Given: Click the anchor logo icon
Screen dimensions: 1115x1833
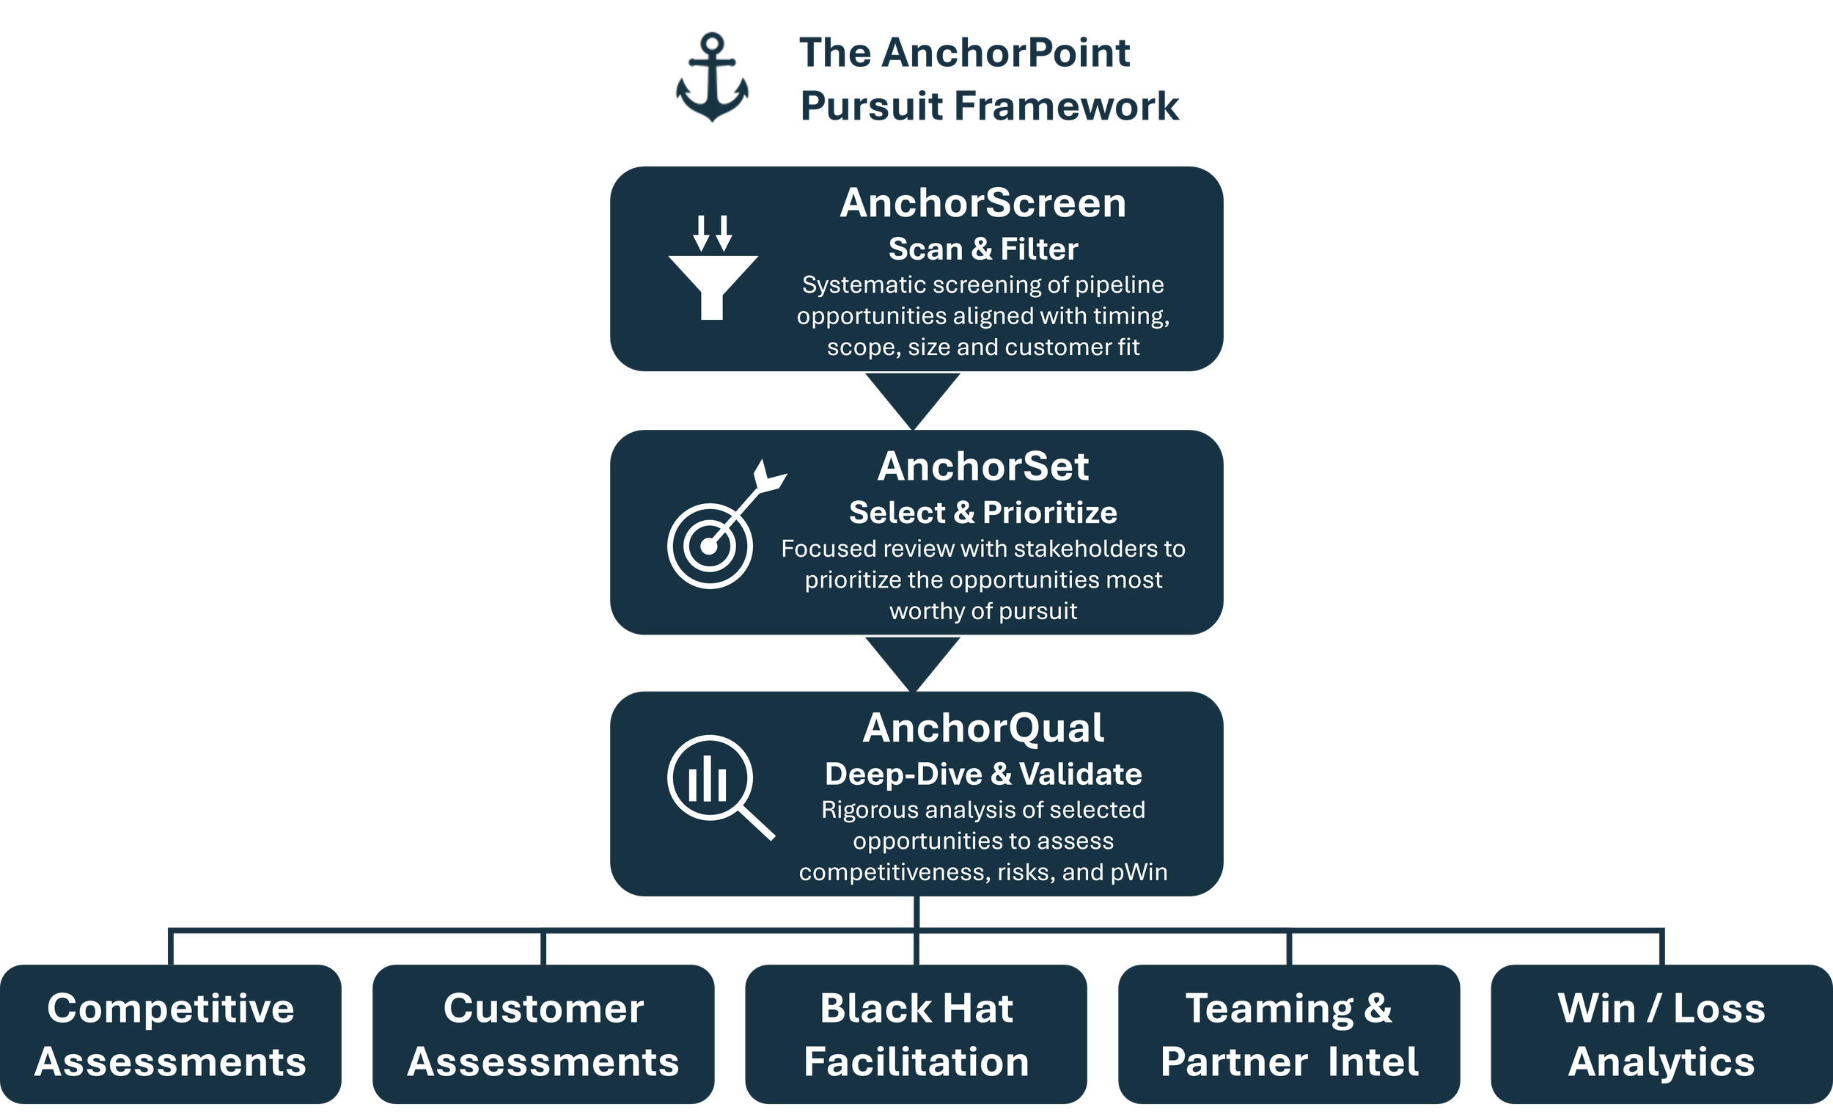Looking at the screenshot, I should [x=712, y=78].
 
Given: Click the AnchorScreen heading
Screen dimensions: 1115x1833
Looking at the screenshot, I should [x=982, y=203].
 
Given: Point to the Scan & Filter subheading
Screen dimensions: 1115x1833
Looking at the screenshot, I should [x=982, y=249].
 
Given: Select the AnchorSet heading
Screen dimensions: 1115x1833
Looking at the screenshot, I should [x=982, y=467].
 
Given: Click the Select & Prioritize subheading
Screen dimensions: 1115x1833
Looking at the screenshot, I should [x=982, y=512].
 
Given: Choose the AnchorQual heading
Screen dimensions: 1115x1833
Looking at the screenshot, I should [x=982, y=728].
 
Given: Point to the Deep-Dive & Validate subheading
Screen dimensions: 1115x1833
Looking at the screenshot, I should [x=982, y=774].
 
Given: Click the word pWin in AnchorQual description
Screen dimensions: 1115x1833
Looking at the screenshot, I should [x=1138, y=871].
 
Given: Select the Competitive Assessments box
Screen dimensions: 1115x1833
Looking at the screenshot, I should [x=170, y=1034].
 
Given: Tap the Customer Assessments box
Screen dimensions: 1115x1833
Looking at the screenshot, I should [x=543, y=1034].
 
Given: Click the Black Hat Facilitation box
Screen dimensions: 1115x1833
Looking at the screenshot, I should [x=916, y=1034].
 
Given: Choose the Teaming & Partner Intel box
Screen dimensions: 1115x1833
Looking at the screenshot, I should [x=1288, y=1034].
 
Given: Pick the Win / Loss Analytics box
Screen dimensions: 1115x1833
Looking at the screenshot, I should [x=1661, y=1034].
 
